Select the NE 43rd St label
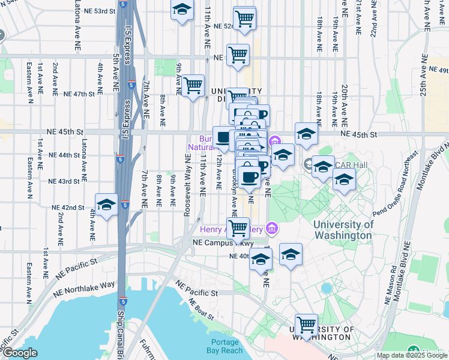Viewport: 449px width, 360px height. click(x=64, y=181)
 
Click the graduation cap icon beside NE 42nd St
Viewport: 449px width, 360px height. click(x=106, y=205)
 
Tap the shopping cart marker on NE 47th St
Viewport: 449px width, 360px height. click(x=193, y=87)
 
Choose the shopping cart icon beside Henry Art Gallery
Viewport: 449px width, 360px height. click(x=238, y=228)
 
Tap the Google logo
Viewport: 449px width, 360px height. click(x=20, y=353)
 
